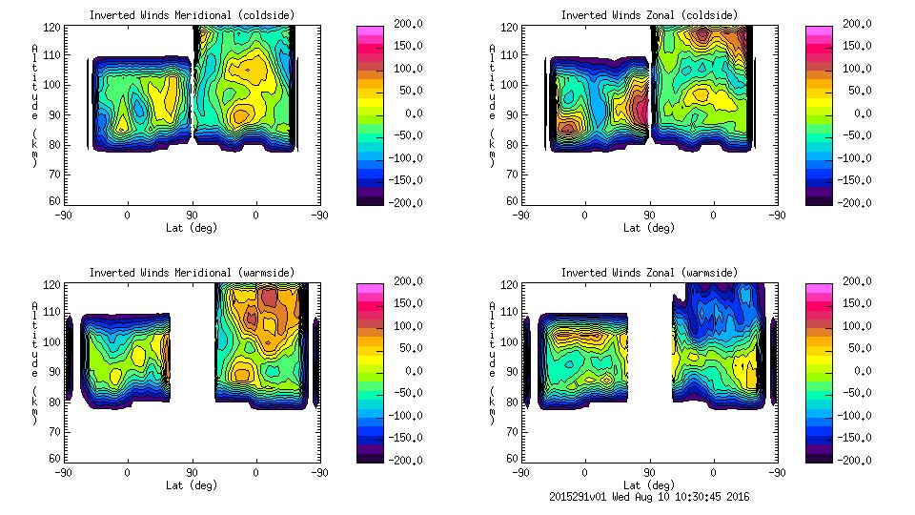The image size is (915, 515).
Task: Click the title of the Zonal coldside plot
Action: pos(649,15)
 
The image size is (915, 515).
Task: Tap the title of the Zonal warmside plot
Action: pos(649,273)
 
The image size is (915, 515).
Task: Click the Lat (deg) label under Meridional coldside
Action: pos(193,228)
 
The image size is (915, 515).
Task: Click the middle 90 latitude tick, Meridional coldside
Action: pos(192,216)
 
